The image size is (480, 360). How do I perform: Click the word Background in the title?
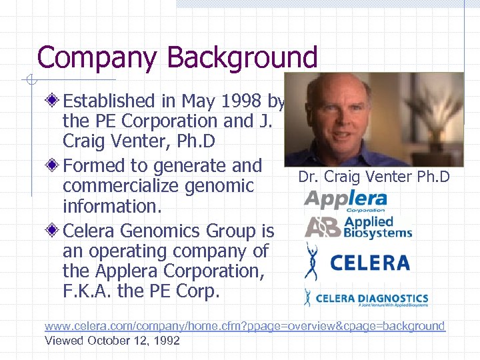tap(243, 58)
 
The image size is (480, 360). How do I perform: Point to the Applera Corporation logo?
tap(345, 200)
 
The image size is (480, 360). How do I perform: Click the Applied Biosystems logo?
tap(359, 227)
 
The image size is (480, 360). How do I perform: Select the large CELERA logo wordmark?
tap(370, 262)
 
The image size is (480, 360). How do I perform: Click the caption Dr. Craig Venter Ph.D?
tap(374, 177)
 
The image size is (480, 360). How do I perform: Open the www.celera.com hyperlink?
tap(244, 326)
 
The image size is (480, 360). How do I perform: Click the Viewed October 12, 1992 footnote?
tap(112, 340)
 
